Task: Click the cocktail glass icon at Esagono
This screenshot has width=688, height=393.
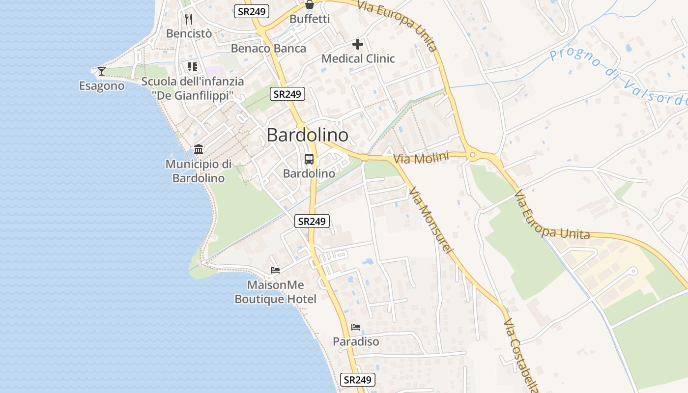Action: [x=102, y=71]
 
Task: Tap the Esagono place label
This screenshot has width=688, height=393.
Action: [x=102, y=86]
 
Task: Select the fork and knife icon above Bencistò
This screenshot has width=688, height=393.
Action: [x=189, y=19]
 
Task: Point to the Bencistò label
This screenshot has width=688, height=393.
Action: [x=189, y=33]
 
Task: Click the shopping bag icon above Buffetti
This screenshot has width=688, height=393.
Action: [x=310, y=5]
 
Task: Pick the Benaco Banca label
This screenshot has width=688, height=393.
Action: [x=268, y=48]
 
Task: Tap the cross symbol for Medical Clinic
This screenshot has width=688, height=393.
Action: [x=358, y=45]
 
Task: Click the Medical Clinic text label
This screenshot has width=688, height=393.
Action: [x=358, y=58]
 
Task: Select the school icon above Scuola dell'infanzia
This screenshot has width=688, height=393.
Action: [x=192, y=67]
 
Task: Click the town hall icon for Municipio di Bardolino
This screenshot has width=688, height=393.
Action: [x=199, y=149]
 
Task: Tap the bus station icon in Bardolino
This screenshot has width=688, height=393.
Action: [x=309, y=159]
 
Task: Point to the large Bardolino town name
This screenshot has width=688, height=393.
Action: [x=307, y=135]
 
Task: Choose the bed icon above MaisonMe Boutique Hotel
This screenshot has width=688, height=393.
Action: [x=275, y=270]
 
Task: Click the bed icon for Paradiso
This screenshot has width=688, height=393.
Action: [x=356, y=327]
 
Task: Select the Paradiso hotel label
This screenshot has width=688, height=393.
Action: [x=356, y=341]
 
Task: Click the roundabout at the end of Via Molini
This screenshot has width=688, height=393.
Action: [x=473, y=155]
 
